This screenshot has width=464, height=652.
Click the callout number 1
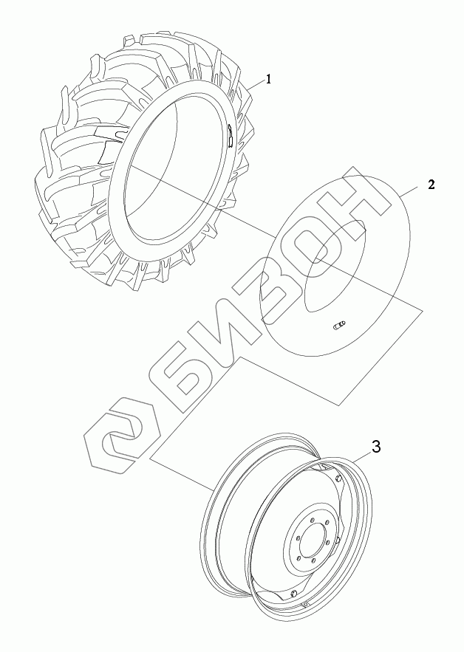268,79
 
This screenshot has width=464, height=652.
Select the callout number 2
431,185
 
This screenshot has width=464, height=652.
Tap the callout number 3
376,447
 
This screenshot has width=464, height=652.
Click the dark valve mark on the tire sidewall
230,135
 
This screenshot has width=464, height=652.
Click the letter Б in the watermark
197,374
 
